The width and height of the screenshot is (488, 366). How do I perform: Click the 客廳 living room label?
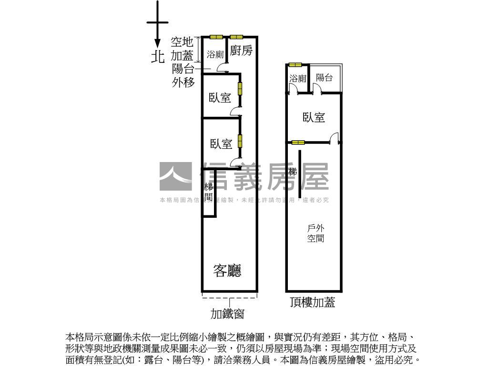[x=227, y=271]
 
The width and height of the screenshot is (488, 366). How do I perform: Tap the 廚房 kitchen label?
[x=241, y=51]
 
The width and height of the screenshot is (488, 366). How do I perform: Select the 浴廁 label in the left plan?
[x=215, y=55]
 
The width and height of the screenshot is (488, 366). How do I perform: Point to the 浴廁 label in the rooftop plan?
[x=298, y=79]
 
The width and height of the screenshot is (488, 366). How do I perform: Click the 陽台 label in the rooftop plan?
[x=325, y=78]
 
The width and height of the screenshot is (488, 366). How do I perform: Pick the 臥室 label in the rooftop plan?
[x=314, y=117]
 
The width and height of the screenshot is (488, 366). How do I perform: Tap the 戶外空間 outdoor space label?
[x=315, y=234]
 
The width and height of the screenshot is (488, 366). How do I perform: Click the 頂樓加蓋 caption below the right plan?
[x=313, y=302]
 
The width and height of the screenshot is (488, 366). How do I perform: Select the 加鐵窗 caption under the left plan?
[x=228, y=314]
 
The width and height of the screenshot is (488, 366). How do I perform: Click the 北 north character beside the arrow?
[x=158, y=57]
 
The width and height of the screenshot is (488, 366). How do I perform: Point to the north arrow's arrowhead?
[x=158, y=43]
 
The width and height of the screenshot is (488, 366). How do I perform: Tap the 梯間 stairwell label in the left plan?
[x=208, y=192]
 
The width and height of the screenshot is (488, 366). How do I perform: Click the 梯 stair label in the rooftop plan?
[x=293, y=172]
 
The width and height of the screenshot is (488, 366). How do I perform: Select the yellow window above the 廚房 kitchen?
[x=236, y=37]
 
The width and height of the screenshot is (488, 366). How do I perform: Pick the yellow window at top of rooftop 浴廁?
[x=295, y=65]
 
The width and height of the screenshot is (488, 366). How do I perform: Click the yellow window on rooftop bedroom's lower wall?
[x=298, y=142]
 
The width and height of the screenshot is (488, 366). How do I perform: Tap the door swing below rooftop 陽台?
[x=317, y=89]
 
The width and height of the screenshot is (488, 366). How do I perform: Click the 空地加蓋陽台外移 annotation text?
[x=183, y=62]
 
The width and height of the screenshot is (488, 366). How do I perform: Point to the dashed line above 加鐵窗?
[x=229, y=298]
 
